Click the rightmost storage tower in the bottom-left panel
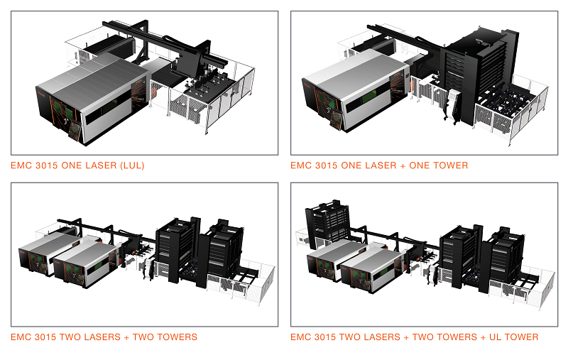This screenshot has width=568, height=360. click(226, 252)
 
